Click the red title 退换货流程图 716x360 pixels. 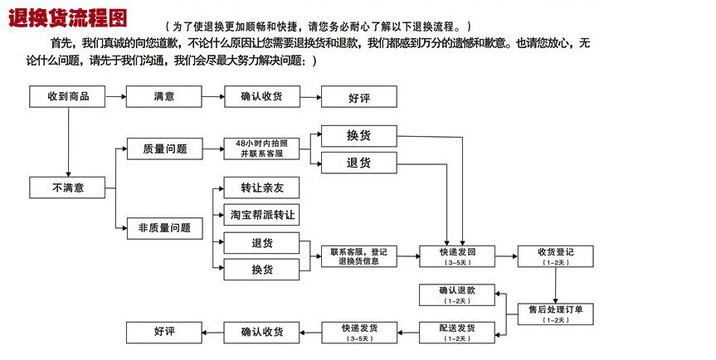coord(70,18)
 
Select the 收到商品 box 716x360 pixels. coord(68,96)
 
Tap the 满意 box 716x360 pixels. coord(164,96)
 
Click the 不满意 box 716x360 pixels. coord(68,187)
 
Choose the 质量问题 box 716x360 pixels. coord(164,149)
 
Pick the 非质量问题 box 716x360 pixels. coord(164,227)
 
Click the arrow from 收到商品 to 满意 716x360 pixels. coord(116,96)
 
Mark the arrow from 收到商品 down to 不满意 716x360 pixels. coord(68,141)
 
